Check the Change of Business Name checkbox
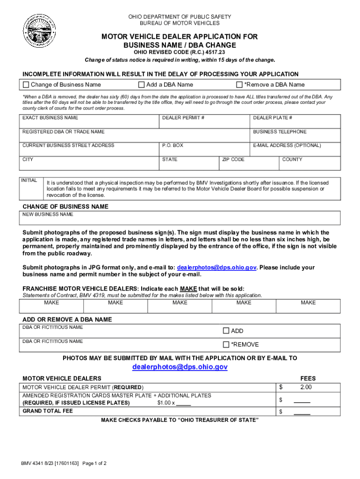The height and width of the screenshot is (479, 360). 26,85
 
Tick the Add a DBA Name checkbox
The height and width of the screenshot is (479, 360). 141,85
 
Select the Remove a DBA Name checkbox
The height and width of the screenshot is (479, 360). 239,85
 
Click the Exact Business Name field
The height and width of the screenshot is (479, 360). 89,123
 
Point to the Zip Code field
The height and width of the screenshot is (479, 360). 249,164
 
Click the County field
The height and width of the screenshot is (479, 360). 310,164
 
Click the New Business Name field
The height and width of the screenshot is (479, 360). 180,218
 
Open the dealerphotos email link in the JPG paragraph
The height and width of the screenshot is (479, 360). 216,268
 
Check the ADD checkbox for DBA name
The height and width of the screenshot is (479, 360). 226,331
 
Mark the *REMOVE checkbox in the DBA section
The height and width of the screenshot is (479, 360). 226,345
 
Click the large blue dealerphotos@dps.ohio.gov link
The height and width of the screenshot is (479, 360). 180,367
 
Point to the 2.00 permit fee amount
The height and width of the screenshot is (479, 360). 306,387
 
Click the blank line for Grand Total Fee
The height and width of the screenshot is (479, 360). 302,412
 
